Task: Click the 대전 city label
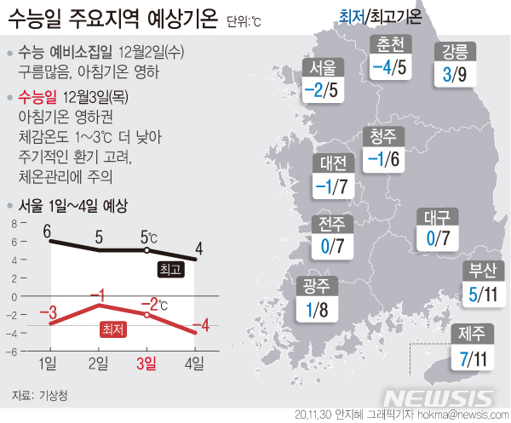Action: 333,163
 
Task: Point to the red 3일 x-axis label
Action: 146,364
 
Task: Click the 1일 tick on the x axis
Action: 50,364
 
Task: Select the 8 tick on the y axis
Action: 14,225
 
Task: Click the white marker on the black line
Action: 147,251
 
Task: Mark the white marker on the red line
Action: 147,315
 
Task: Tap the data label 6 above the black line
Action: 48,230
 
